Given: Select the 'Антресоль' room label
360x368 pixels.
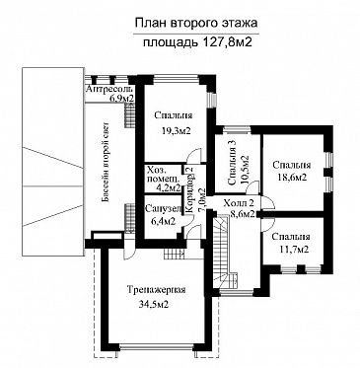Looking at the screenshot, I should pyautogui.click(x=108, y=90).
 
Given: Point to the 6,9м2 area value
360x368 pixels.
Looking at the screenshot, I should pyautogui.click(x=120, y=100).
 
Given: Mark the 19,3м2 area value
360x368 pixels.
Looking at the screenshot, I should pyautogui.click(x=173, y=130).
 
